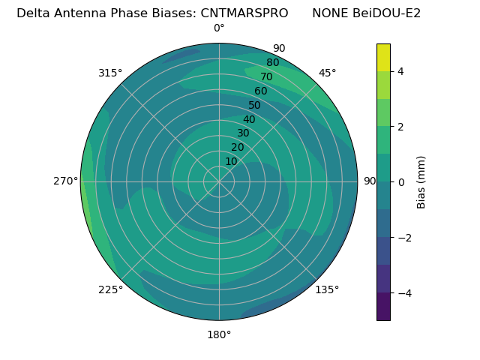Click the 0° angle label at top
click(x=219, y=28)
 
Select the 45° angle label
click(x=327, y=73)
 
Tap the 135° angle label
click(x=327, y=289)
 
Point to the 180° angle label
click(x=219, y=334)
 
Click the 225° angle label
click(x=110, y=289)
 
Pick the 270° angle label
click(x=66, y=181)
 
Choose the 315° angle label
click(x=110, y=73)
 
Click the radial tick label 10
click(x=231, y=161)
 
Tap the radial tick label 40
click(x=249, y=119)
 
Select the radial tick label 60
click(x=260, y=91)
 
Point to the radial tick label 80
click(x=272, y=63)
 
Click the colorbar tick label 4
click(x=400, y=71)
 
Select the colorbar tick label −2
click(x=403, y=238)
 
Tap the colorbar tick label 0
click(x=400, y=182)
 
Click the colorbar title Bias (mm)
click(x=421, y=182)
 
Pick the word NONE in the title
click(x=331, y=13)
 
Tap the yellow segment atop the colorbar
click(x=383, y=57)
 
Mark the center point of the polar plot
click(x=219, y=181)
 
